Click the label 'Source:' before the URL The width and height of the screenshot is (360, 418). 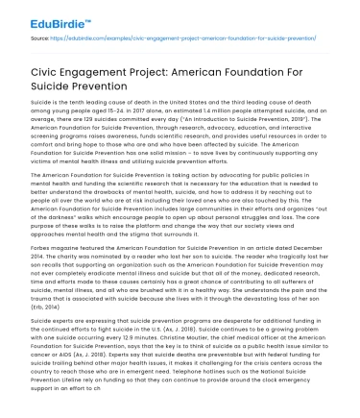(x=40, y=39)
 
